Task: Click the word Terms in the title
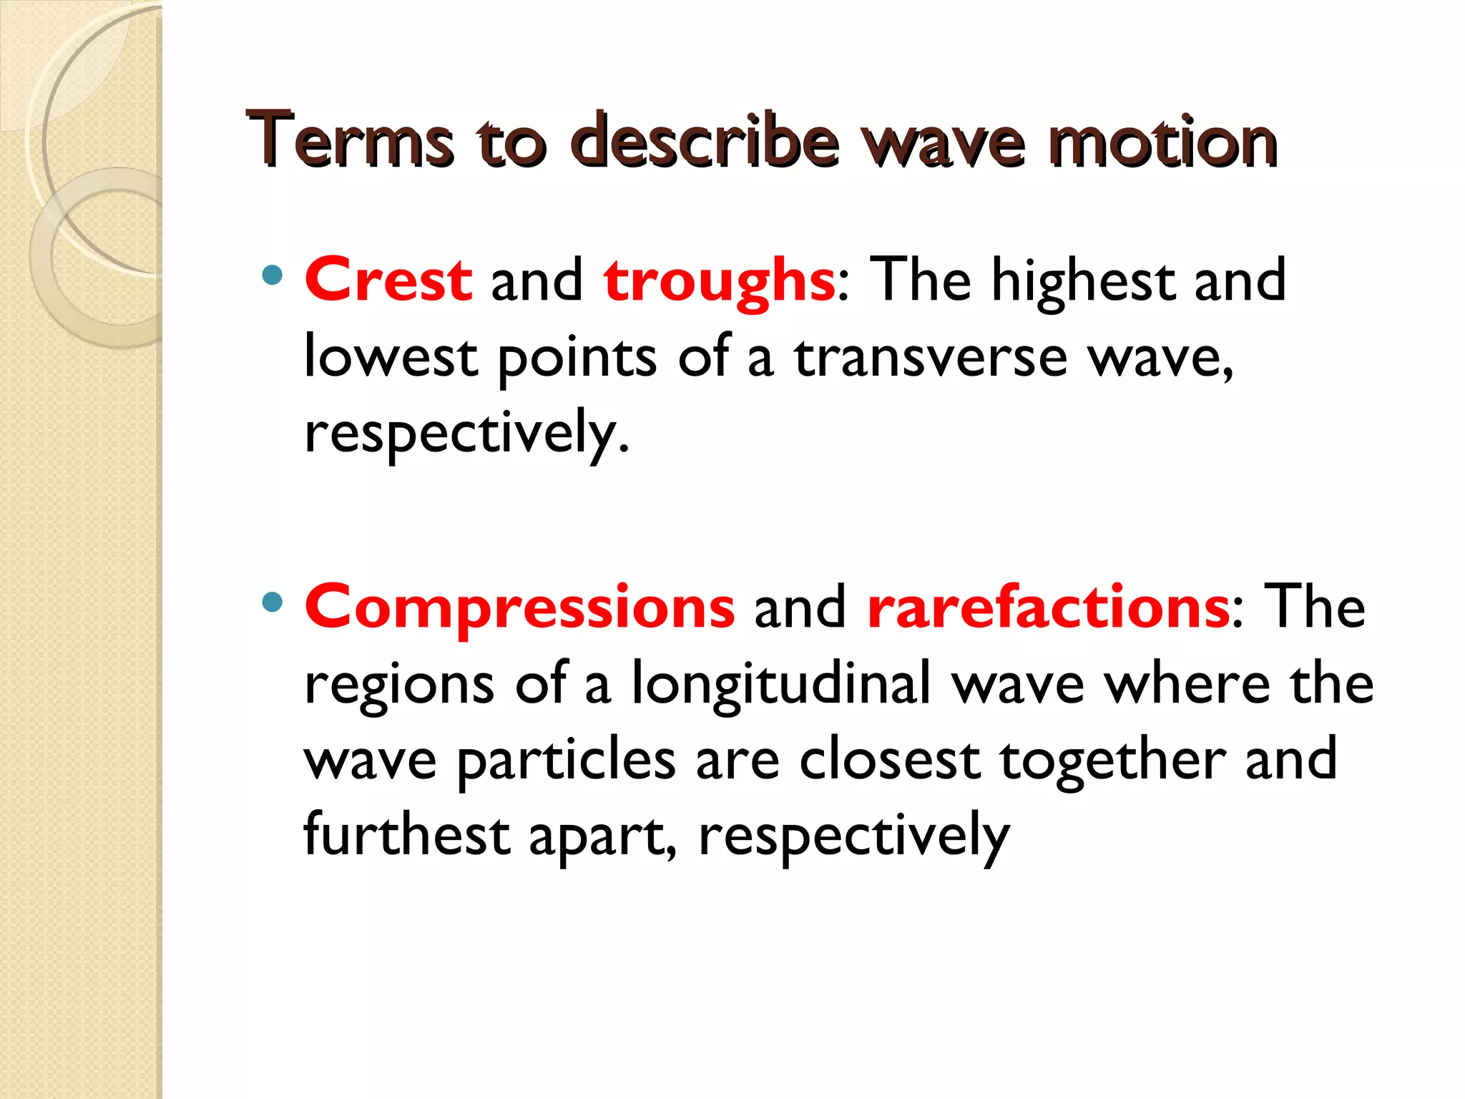click(x=350, y=140)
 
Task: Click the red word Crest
click(x=388, y=280)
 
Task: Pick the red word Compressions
click(x=519, y=608)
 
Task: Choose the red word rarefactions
click(x=1049, y=608)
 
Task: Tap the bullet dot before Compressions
click(x=272, y=602)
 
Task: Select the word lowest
click(x=391, y=358)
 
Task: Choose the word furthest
click(x=406, y=836)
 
